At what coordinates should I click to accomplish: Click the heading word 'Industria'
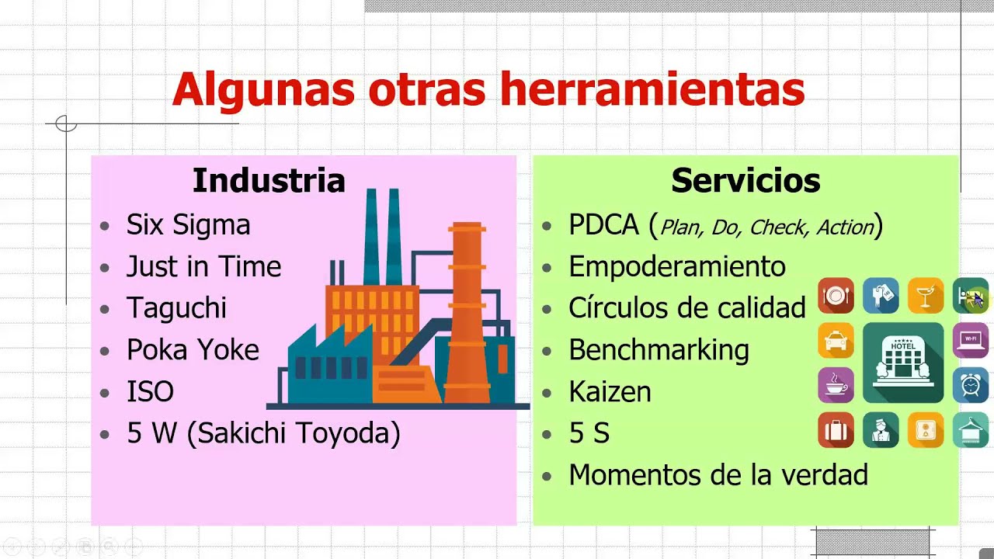(269, 181)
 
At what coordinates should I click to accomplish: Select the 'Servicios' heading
(745, 181)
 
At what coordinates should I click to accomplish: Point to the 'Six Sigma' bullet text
(188, 225)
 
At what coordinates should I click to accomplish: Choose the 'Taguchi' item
(176, 308)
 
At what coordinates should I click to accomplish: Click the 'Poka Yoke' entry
(193, 350)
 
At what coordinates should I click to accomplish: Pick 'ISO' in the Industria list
(150, 391)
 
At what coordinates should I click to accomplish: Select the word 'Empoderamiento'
(676, 267)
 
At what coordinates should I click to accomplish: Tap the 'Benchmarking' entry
(659, 350)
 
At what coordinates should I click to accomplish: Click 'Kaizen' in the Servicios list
(610, 391)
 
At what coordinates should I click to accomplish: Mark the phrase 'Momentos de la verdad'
(718, 474)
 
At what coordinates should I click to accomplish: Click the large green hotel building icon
(903, 363)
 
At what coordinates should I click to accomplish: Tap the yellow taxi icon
(836, 341)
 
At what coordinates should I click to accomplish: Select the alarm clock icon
(971, 385)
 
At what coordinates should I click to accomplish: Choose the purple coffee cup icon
(836, 385)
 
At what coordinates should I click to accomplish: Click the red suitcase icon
(836, 430)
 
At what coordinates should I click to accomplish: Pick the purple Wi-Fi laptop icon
(971, 341)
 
